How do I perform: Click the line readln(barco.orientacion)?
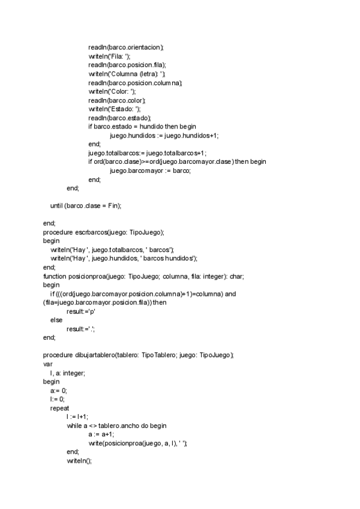pos(125,47)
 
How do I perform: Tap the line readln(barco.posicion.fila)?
pos(127,65)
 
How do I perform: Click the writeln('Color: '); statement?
pos(112,91)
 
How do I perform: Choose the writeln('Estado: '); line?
pos(114,109)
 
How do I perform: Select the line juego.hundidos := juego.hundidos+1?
pos(164,136)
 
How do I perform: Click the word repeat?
pos(59,408)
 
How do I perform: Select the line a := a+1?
pos(101,434)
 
